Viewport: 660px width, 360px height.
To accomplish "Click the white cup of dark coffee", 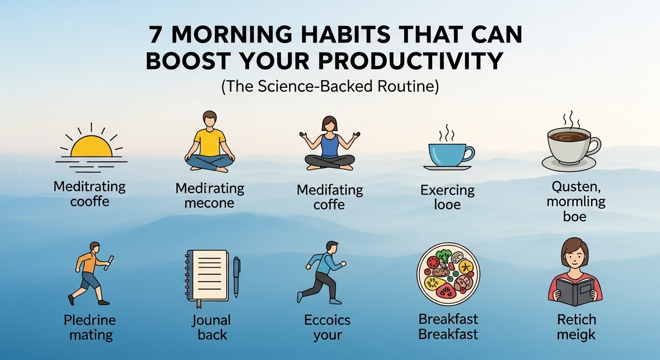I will [x=570, y=145].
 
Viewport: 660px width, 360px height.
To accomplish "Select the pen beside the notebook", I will [x=237, y=277].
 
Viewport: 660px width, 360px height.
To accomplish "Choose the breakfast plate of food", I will [x=448, y=274].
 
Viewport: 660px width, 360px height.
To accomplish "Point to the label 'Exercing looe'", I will [x=447, y=197].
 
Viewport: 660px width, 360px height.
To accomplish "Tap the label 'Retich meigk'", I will [x=576, y=327].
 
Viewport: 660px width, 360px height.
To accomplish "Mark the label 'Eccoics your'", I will [x=327, y=328].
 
